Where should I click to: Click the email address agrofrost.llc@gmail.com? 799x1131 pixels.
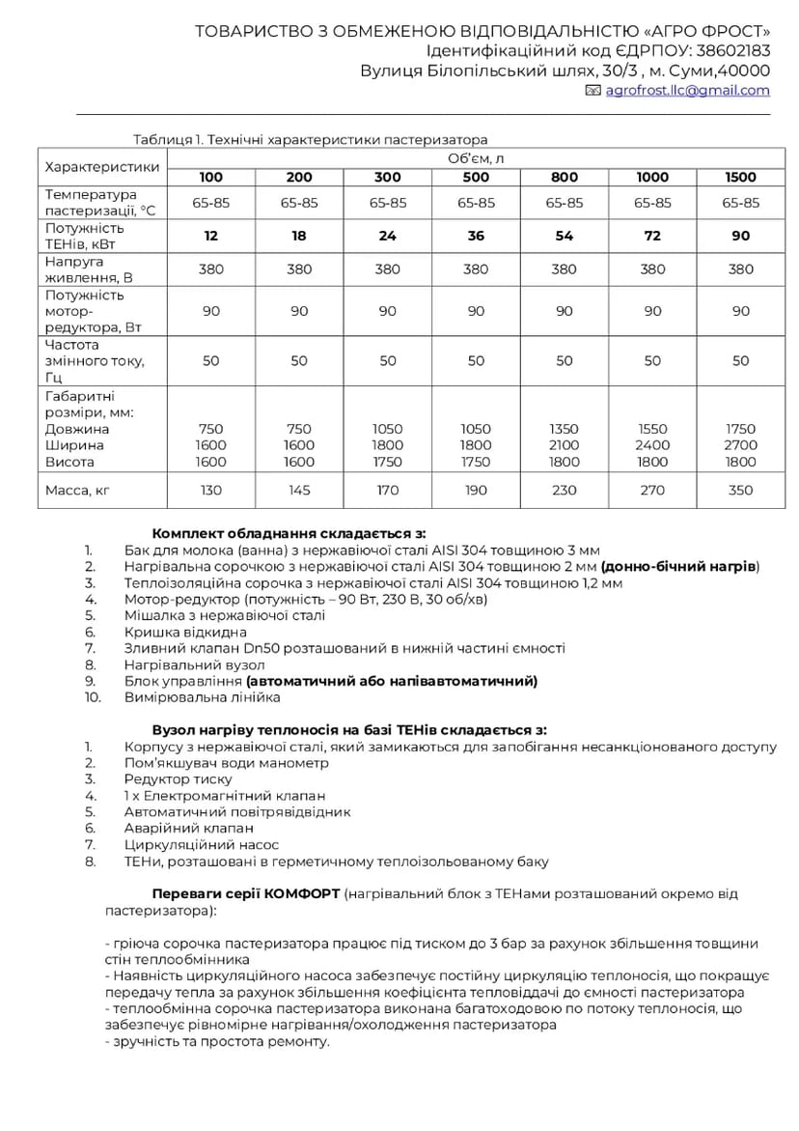coord(687,91)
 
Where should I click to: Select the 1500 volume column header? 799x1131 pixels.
coord(740,178)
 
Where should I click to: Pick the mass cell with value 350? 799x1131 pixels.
coord(740,491)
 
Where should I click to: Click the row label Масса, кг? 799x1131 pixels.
coord(78,491)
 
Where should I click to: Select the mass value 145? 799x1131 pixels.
coord(299,491)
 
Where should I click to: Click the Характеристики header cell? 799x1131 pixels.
coord(102,167)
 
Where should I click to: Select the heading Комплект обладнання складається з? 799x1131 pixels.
coord(289,533)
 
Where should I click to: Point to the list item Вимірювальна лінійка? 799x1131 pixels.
coord(202,697)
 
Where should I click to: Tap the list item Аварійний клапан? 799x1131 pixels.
coord(188,829)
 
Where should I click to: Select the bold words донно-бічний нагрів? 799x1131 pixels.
coord(679,566)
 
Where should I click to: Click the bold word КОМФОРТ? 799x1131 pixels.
coord(301,894)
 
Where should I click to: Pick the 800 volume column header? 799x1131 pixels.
coord(565,178)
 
